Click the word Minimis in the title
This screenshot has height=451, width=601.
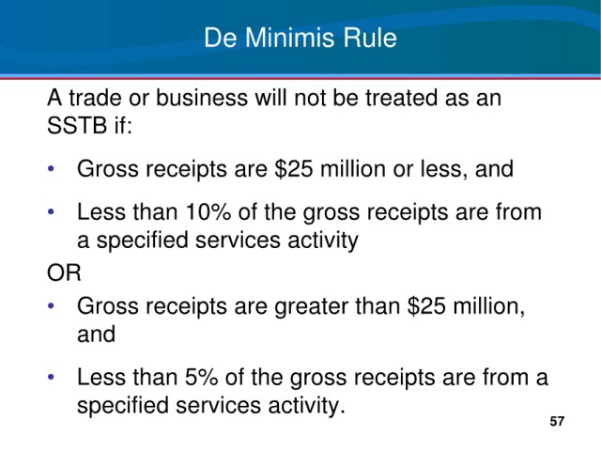(289, 38)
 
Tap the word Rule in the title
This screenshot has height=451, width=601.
(369, 38)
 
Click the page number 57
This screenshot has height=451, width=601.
(557, 421)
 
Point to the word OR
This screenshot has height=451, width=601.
(64, 272)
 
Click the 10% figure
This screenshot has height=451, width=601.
(208, 211)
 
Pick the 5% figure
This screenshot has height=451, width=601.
(201, 377)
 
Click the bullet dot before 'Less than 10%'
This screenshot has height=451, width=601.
(51, 211)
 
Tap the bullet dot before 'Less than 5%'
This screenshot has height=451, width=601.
(51, 377)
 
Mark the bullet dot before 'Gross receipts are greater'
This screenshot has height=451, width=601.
(51, 306)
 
